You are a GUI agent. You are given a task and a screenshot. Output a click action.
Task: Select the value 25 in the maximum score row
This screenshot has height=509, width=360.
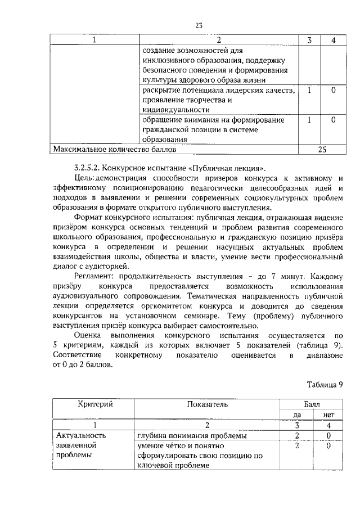point(322,150)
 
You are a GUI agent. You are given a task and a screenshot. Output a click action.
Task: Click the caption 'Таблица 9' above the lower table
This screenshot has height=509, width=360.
point(324,385)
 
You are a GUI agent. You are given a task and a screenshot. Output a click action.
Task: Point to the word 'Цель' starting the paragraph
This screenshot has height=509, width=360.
point(83,178)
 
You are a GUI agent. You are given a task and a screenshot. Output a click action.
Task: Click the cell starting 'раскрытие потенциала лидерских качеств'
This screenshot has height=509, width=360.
point(218,100)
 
